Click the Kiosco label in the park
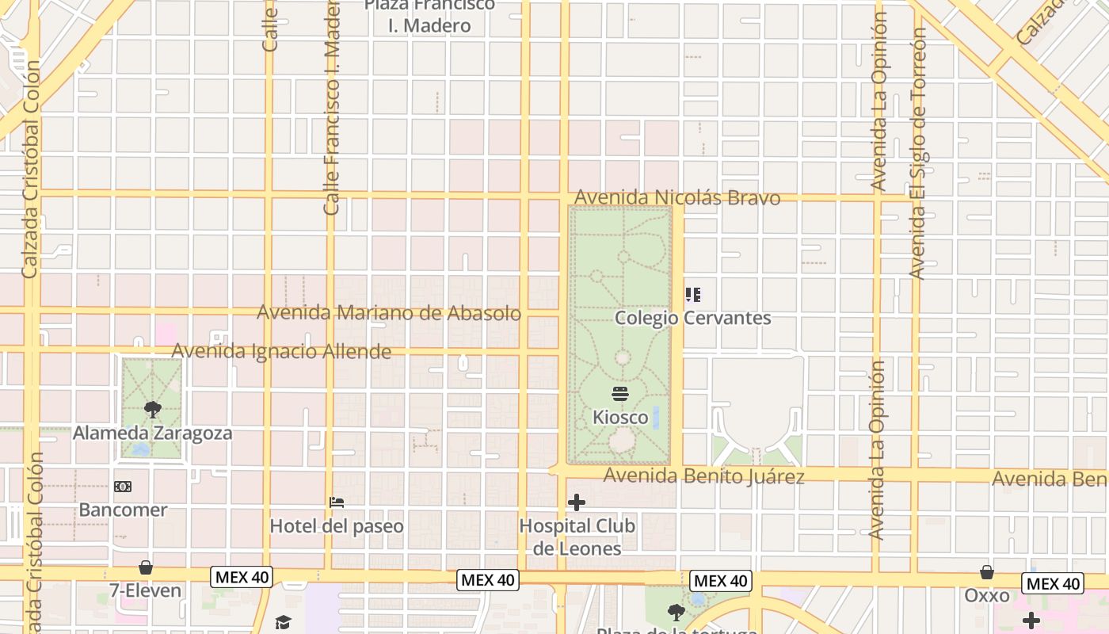[620, 417]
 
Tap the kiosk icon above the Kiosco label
[620, 394]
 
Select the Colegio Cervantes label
[693, 318]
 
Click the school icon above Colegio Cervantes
[693, 296]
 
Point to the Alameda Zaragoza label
[153, 433]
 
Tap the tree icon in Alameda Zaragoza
[152, 410]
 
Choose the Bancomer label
[123, 510]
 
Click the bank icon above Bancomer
[123, 487]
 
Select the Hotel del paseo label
[337, 525]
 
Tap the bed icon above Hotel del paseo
[337, 502]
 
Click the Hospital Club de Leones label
[577, 537]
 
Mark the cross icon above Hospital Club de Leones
[577, 502]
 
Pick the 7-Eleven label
[146, 590]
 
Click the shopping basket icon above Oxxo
[987, 572]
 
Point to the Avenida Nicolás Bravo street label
[677, 197]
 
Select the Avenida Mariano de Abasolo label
[389, 313]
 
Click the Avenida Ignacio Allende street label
[281, 351]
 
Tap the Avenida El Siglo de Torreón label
[918, 155]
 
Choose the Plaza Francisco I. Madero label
[429, 16]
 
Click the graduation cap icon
[283, 623]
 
